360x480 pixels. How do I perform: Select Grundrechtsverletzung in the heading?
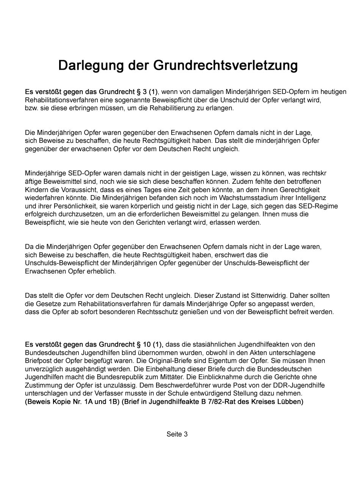click(x=225, y=65)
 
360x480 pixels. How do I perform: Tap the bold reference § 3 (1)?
click(x=147, y=92)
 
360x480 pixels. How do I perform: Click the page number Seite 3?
click(x=177, y=434)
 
